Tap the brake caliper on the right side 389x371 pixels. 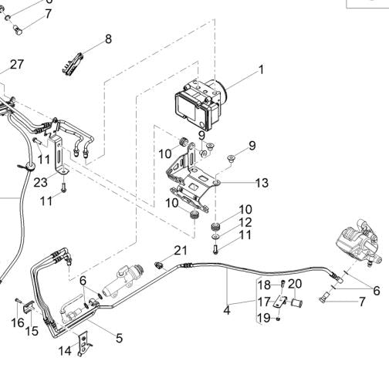pyautogui.click(x=360, y=248)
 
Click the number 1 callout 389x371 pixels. pyautogui.click(x=261, y=70)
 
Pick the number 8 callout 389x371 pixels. pyautogui.click(x=107, y=39)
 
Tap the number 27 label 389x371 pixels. pyautogui.click(x=17, y=63)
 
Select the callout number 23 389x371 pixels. pyautogui.click(x=40, y=183)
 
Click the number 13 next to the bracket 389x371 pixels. pyautogui.click(x=262, y=183)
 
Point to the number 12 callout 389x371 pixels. pyautogui.click(x=245, y=222)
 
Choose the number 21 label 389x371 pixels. pyautogui.click(x=180, y=250)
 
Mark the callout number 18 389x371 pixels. pyautogui.click(x=264, y=284)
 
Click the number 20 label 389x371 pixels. pyautogui.click(x=295, y=284)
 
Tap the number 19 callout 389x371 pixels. pyautogui.click(x=264, y=317)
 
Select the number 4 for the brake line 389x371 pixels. pyautogui.click(x=227, y=311)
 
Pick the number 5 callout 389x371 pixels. pyautogui.click(x=119, y=337)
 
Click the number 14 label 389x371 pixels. pyautogui.click(x=65, y=351)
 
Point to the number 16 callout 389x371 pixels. pyautogui.click(x=17, y=323)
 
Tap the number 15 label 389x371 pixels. pyautogui.click(x=32, y=331)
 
